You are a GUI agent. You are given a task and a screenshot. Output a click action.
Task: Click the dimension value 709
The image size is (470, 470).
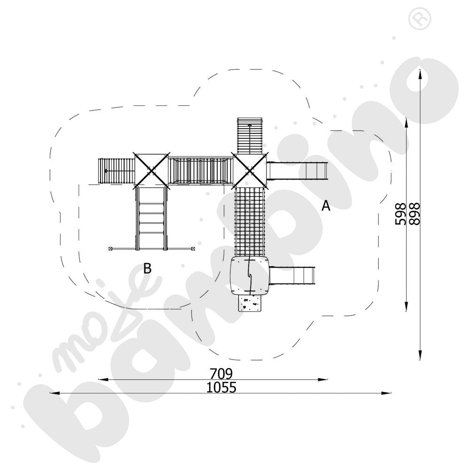tap(221, 374)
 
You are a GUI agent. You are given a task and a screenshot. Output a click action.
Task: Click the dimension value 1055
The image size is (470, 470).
tap(221, 388)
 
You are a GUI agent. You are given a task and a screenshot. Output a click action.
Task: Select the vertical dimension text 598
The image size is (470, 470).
tap(400, 214)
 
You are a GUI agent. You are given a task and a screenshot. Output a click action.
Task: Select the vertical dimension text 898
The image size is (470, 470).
tap(415, 214)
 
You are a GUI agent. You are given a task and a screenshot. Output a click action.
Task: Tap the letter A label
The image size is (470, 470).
tap(325, 206)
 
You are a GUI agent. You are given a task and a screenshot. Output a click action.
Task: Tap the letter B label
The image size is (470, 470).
tap(148, 269)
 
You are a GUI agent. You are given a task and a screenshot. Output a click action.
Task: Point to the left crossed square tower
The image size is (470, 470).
tap(151, 170)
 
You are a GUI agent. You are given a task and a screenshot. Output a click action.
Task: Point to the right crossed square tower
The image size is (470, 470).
tap(250, 170)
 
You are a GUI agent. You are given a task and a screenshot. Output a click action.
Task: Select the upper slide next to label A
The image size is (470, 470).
tap(297, 170)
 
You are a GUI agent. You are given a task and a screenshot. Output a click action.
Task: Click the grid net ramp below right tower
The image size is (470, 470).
tap(250, 221)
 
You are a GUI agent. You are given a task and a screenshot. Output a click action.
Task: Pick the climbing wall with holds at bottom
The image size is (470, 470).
tap(250, 304)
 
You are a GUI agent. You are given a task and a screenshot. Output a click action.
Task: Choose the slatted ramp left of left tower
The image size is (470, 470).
tap(116, 171)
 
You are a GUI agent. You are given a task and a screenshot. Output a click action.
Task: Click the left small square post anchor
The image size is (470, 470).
tap(111, 248)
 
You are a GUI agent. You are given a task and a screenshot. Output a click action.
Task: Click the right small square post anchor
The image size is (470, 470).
tap(193, 247)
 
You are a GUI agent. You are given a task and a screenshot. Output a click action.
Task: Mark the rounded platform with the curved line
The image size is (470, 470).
tap(250, 275)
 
